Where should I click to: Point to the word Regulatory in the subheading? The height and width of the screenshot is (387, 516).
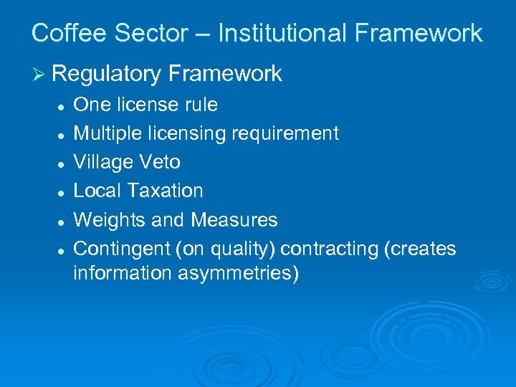[106, 74]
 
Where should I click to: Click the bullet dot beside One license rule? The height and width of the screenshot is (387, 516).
[63, 106]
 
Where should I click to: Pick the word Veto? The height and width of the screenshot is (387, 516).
[161, 162]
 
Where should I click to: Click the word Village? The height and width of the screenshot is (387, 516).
[105, 162]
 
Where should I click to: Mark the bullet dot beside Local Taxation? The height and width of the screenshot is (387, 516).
[63, 192]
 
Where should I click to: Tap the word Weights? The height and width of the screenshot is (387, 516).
[109, 220]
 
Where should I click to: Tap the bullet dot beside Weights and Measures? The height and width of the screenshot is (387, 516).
[63, 221]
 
